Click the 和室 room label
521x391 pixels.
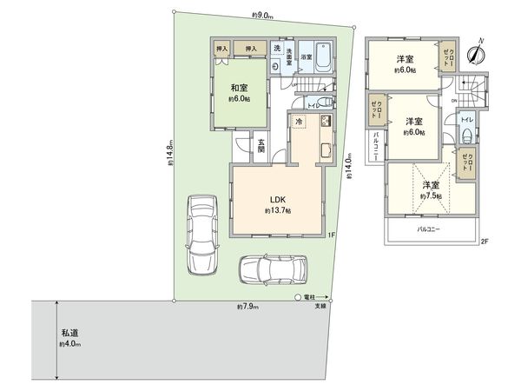tap(241, 88)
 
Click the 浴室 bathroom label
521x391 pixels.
tap(307, 57)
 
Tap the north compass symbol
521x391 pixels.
tap(474, 52)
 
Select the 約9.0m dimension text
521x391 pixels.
tap(263, 14)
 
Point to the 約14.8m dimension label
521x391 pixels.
tap(171, 156)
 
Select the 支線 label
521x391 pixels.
tap(320, 306)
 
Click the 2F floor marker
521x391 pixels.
tap(485, 241)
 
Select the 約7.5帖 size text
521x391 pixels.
tap(430, 197)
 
